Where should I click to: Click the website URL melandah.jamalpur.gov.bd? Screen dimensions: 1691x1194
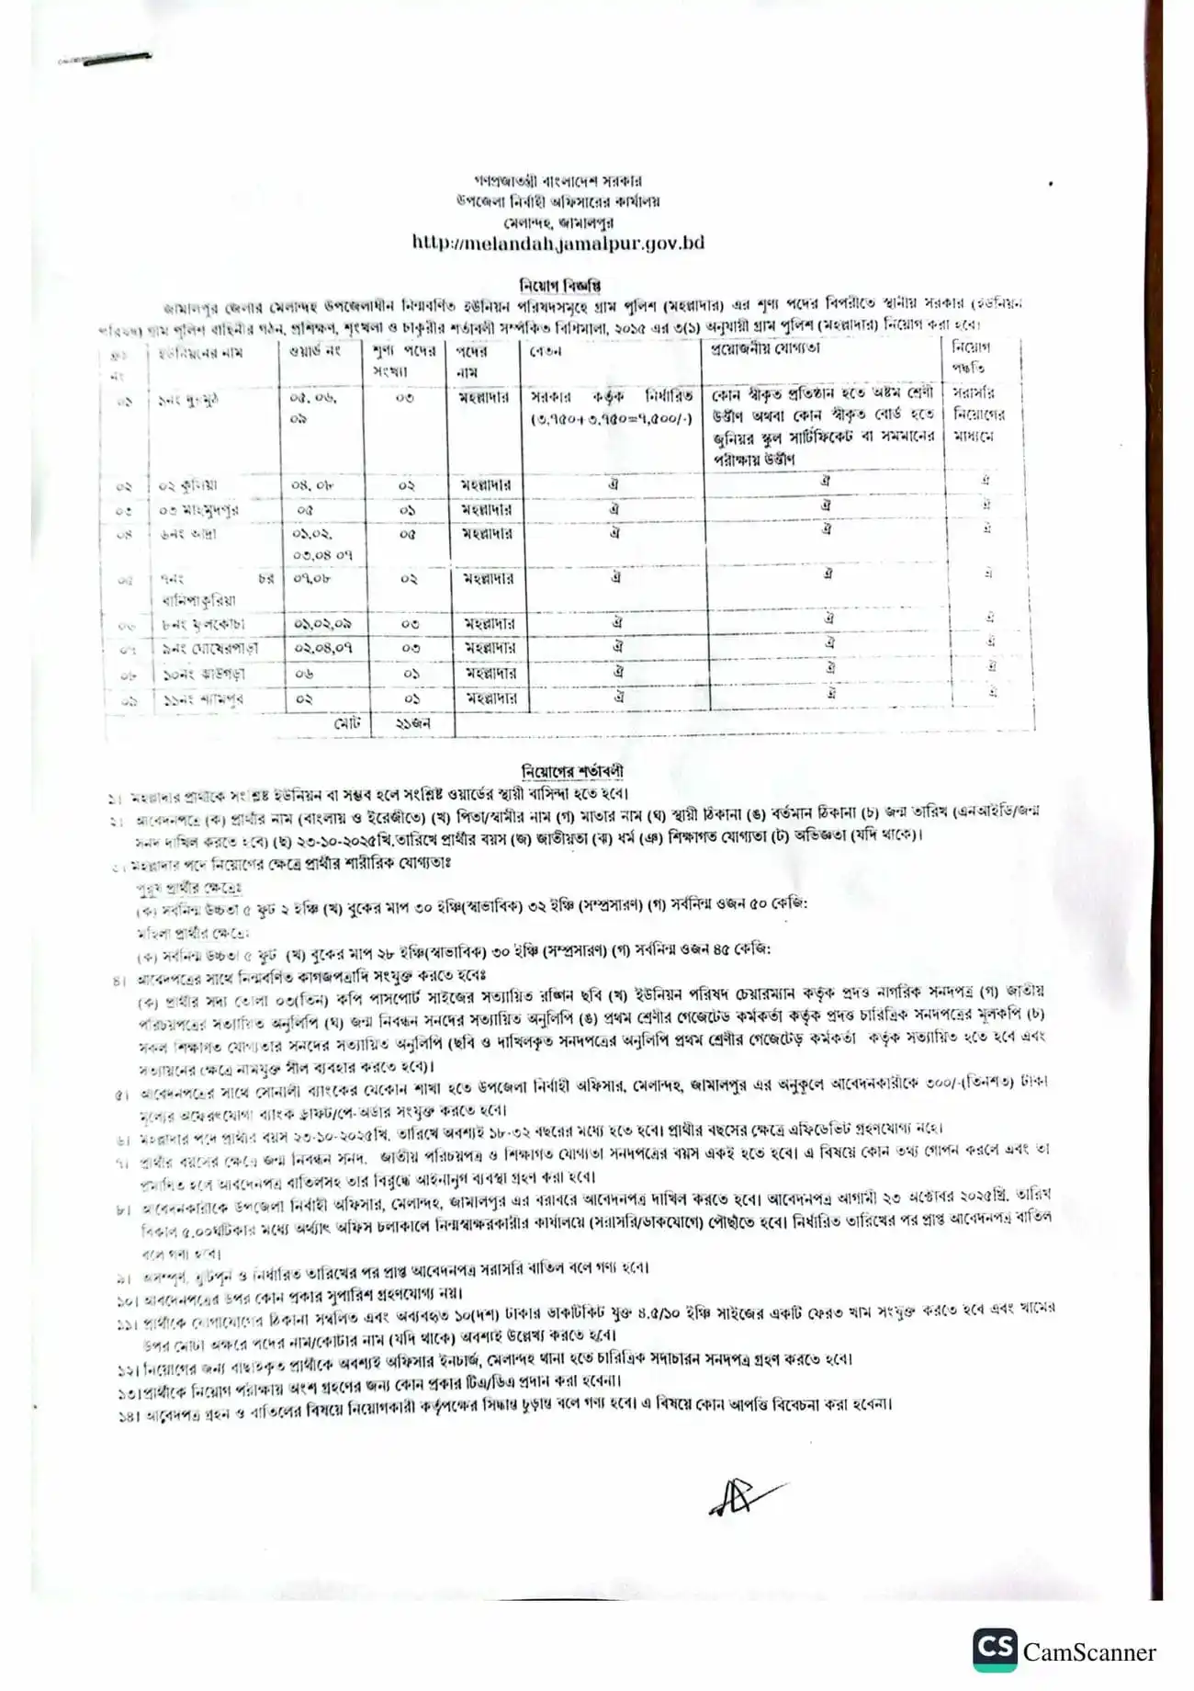click(x=558, y=243)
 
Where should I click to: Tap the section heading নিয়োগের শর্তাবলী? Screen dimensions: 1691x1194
click(x=571, y=770)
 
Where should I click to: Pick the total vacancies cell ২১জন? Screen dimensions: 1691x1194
click(x=412, y=723)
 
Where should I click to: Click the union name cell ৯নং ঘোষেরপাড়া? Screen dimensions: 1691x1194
click(x=207, y=648)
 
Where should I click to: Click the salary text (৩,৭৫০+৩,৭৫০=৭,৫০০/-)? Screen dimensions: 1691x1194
click(x=610, y=419)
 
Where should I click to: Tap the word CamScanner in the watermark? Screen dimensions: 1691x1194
click(x=1089, y=1652)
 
